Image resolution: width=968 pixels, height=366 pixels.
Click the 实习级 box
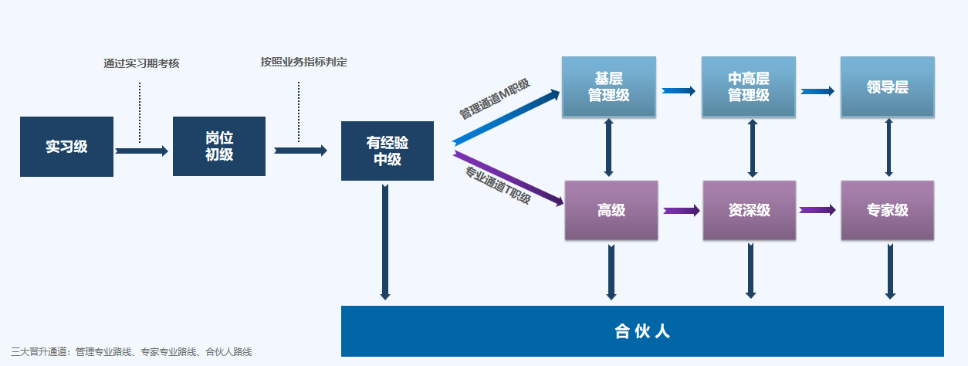pyautogui.click(x=66, y=147)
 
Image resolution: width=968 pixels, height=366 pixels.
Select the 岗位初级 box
pyautogui.click(x=219, y=147)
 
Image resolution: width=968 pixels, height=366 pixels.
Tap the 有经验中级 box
pyautogui.click(x=388, y=151)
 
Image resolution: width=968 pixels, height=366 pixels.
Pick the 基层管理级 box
pyautogui.click(x=609, y=87)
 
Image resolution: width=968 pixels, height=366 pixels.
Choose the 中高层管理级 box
pyautogui.click(x=748, y=87)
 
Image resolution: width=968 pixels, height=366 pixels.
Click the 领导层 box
pyautogui.click(x=887, y=87)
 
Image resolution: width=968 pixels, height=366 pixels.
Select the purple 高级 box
pyautogui.click(x=611, y=210)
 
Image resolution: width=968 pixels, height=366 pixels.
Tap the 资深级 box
pyautogui.click(x=749, y=210)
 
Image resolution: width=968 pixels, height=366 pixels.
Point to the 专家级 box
pyautogui.click(x=887, y=210)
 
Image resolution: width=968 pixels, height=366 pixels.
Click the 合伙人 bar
pyautogui.click(x=642, y=331)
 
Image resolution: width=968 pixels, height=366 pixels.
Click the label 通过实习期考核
pyautogui.click(x=141, y=63)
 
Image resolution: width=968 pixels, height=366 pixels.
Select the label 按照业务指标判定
pyautogui.click(x=303, y=62)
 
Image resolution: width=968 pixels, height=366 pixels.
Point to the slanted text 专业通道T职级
pyautogui.click(x=498, y=186)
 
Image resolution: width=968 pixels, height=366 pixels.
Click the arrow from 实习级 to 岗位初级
pyautogui.click(x=141, y=151)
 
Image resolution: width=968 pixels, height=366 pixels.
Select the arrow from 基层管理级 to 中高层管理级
pyautogui.click(x=679, y=91)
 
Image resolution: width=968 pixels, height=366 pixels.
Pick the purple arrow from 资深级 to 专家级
pyautogui.click(x=817, y=209)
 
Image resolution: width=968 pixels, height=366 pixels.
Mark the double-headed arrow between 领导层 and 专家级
pyautogui.click(x=889, y=149)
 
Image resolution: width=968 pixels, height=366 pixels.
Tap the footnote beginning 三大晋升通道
pyautogui.click(x=132, y=352)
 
